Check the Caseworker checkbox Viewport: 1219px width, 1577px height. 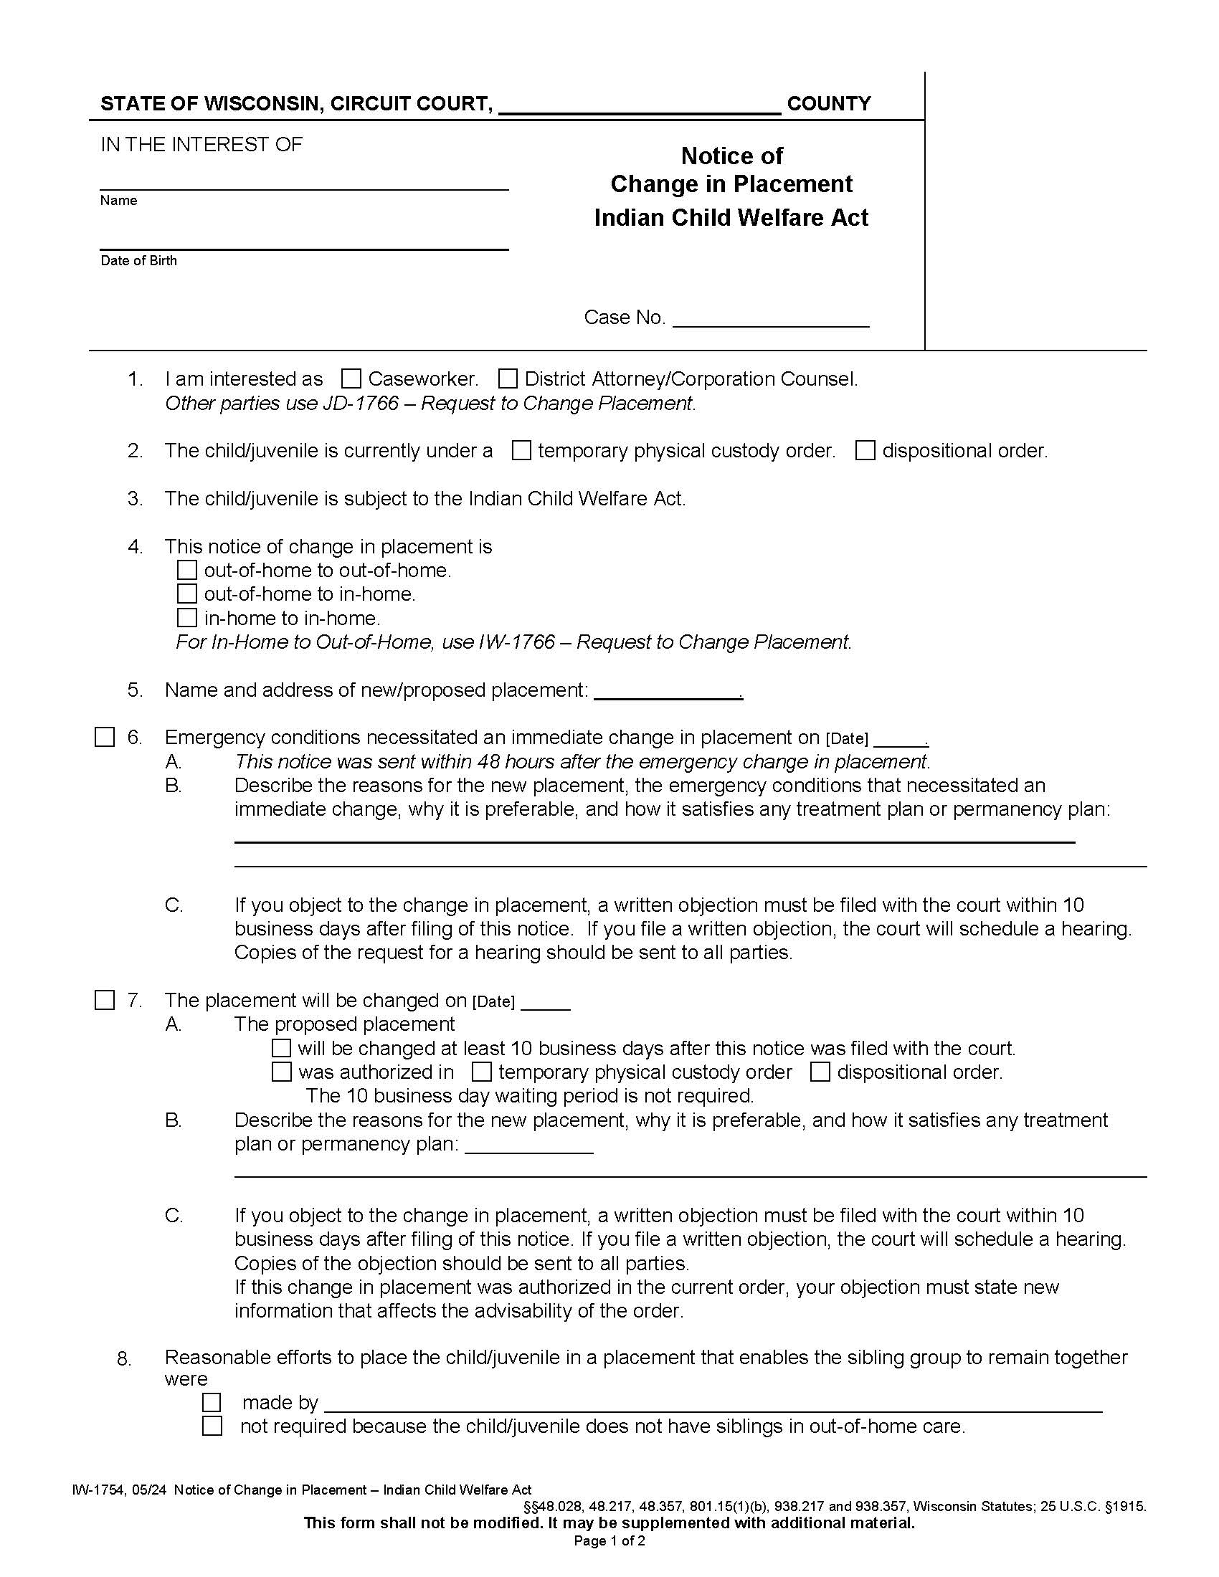click(351, 378)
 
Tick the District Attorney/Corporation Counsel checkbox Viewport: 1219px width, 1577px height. click(508, 378)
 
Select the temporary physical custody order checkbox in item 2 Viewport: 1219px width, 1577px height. click(521, 451)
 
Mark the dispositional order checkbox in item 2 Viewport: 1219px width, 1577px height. click(865, 451)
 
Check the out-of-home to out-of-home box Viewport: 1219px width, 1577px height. click(187, 570)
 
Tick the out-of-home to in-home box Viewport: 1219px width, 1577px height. click(187, 594)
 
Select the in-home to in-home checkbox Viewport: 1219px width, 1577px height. click(187, 617)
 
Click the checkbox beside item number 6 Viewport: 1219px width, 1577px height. click(105, 737)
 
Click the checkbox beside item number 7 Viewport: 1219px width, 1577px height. click(105, 1000)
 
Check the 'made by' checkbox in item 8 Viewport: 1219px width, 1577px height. click(212, 1402)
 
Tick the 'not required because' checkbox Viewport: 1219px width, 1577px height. click(212, 1426)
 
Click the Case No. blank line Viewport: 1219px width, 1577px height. click(771, 321)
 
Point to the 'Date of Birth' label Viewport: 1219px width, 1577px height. click(138, 261)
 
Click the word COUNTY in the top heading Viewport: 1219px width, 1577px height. click(829, 103)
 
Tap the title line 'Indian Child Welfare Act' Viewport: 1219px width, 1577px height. click(731, 218)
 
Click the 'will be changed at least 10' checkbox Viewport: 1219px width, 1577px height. click(281, 1048)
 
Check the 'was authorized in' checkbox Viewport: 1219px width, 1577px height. click(281, 1072)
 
